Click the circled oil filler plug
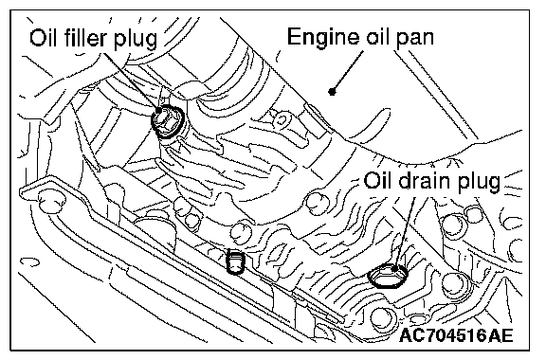(168, 120)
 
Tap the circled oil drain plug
(388, 275)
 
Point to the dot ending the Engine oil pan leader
(332, 92)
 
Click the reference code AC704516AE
(457, 335)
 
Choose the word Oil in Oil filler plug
(45, 38)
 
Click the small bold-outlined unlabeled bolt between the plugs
(235, 261)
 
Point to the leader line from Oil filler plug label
(131, 81)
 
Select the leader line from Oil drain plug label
(404, 232)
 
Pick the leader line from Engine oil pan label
(348, 71)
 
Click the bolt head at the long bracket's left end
(51, 202)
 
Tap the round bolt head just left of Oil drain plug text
(317, 203)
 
